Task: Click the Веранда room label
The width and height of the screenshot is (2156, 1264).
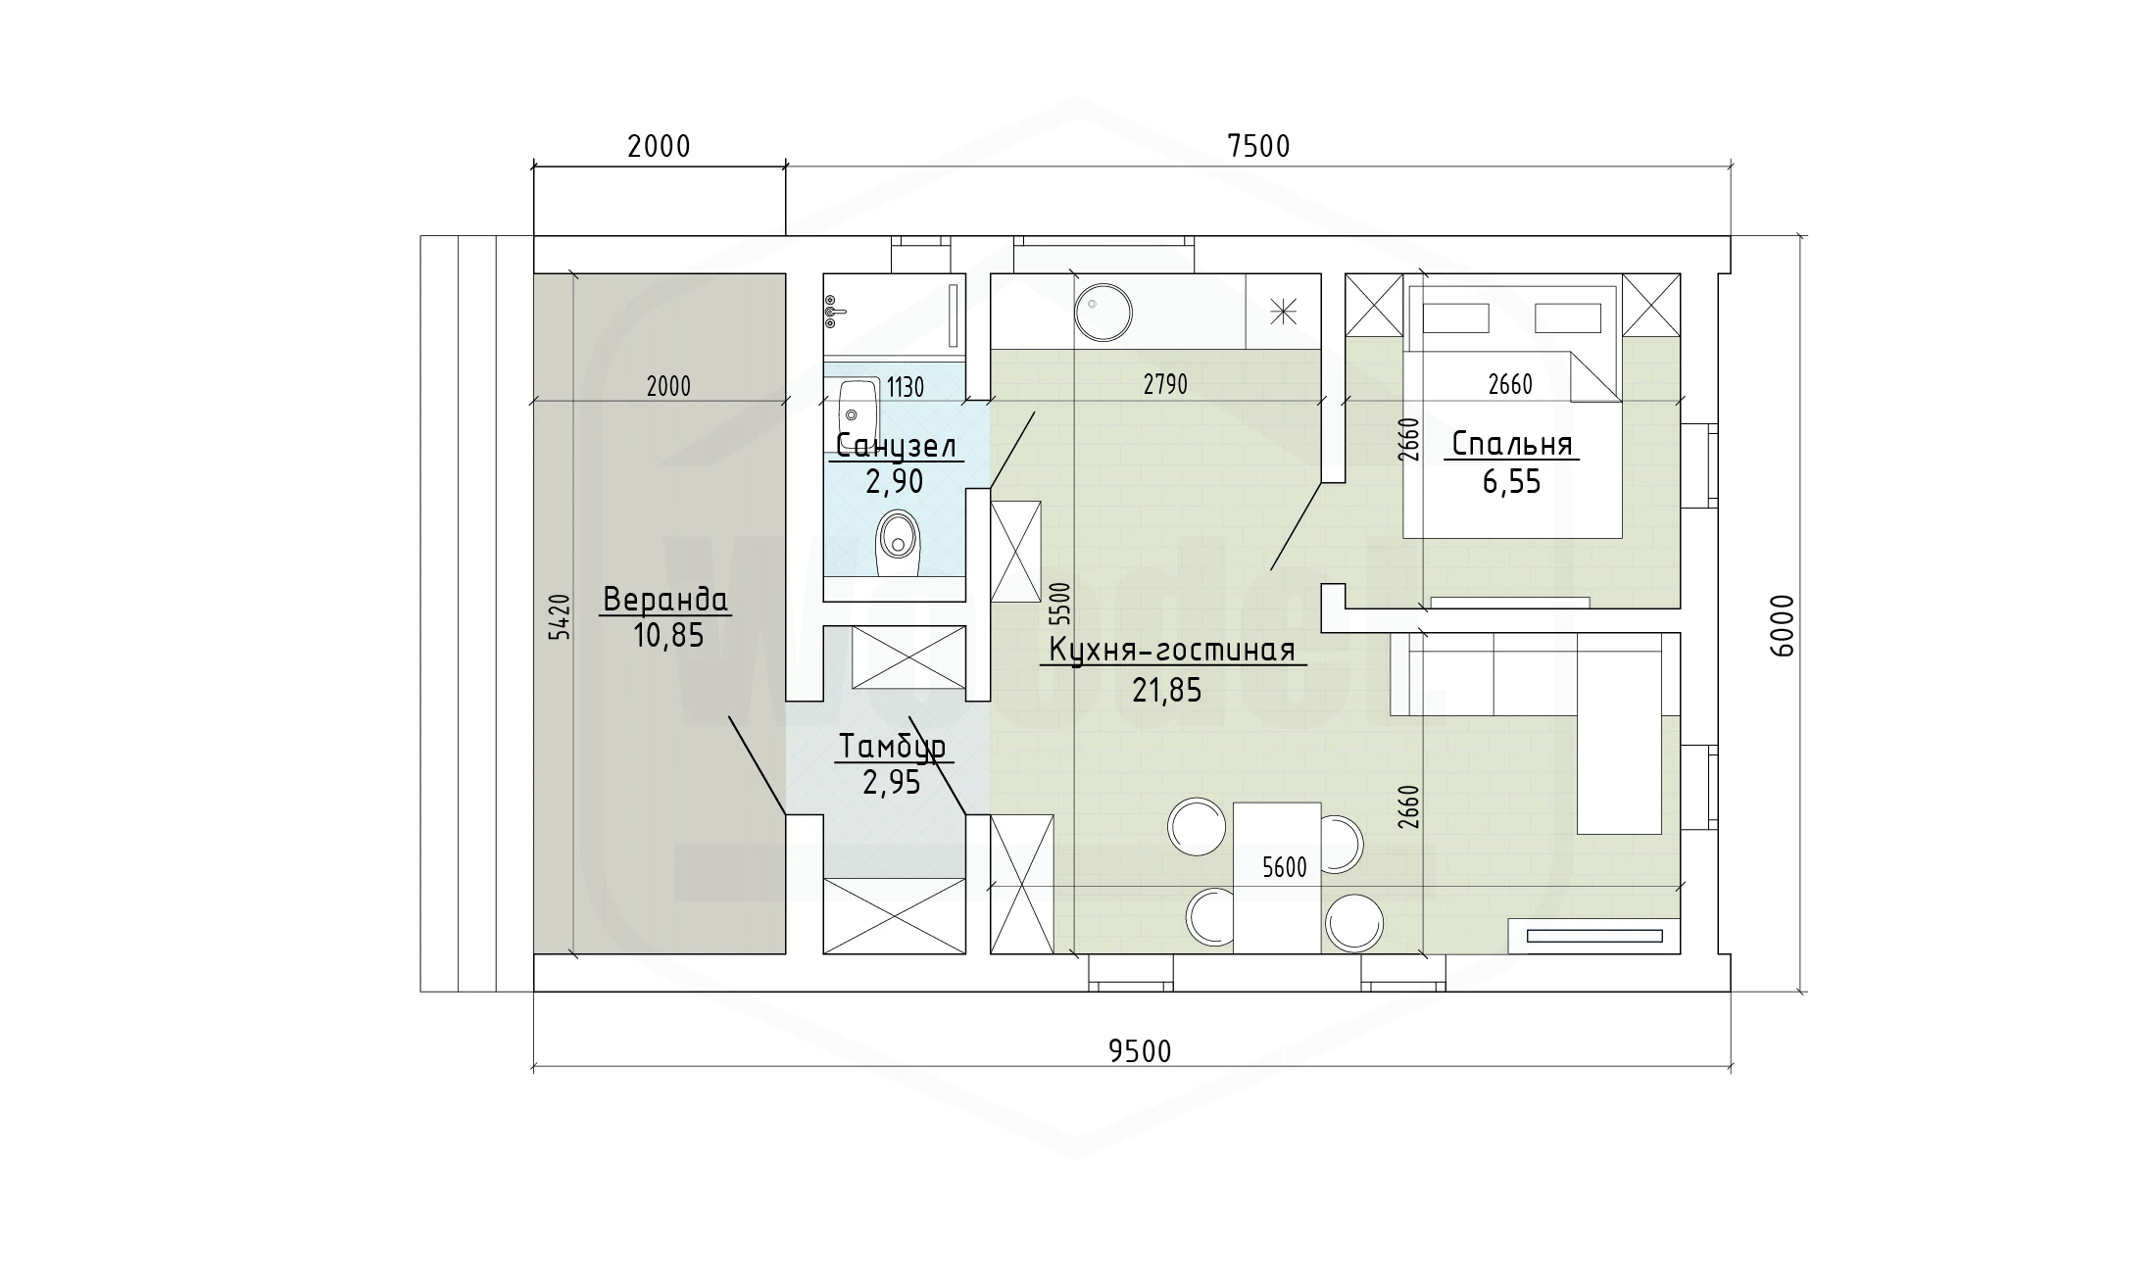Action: pyautogui.click(x=665, y=599)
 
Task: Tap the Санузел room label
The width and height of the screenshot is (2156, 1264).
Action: pyautogui.click(x=896, y=447)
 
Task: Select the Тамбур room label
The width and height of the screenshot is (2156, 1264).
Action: pyautogui.click(x=892, y=747)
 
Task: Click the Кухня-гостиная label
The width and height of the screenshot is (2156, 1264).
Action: pyautogui.click(x=1172, y=650)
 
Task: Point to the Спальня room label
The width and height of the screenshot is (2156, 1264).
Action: pyautogui.click(x=1511, y=444)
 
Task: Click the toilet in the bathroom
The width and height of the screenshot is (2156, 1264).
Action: pyautogui.click(x=896, y=542)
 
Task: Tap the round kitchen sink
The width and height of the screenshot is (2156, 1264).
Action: pyautogui.click(x=1103, y=313)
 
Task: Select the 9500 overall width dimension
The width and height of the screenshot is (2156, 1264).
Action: pyautogui.click(x=1140, y=1051)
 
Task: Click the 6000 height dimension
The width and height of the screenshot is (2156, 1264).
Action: pyautogui.click(x=1783, y=625)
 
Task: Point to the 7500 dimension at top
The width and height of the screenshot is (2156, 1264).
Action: pyautogui.click(x=1259, y=146)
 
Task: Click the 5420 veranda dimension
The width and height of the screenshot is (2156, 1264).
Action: pyautogui.click(x=558, y=616)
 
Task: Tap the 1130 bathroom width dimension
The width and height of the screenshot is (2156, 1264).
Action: pyautogui.click(x=906, y=388)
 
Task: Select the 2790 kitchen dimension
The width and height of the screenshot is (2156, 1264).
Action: pyautogui.click(x=1165, y=385)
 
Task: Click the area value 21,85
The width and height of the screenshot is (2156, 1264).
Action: pyautogui.click(x=1167, y=691)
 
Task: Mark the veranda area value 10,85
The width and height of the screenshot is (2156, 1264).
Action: pyautogui.click(x=668, y=636)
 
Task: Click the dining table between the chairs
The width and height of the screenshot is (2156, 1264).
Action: pyautogui.click(x=1277, y=877)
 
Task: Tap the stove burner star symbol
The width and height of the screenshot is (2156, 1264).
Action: pyautogui.click(x=1283, y=312)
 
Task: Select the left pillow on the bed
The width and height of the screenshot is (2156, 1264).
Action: pyautogui.click(x=1456, y=318)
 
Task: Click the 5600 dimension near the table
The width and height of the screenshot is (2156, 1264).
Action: pyautogui.click(x=1285, y=867)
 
